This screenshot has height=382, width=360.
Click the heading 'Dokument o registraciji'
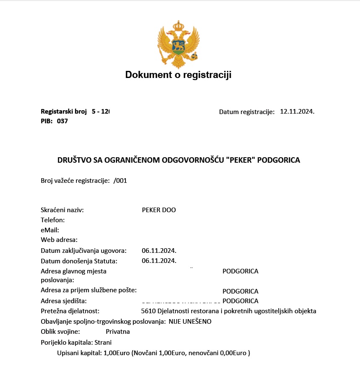click(x=178, y=75)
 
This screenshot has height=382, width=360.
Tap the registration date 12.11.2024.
click(x=297, y=112)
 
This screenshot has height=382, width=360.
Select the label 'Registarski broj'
click(x=63, y=112)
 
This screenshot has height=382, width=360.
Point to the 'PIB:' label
click(x=47, y=121)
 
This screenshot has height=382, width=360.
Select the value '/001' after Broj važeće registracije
click(x=120, y=181)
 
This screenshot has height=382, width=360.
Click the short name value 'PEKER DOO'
click(x=159, y=210)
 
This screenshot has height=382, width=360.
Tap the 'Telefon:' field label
click(x=52, y=220)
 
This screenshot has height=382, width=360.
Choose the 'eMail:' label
click(x=50, y=230)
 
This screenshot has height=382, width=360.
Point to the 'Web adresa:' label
click(x=59, y=240)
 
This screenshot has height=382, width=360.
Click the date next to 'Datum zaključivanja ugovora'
click(x=159, y=251)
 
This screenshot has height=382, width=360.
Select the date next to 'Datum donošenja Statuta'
click(x=159, y=261)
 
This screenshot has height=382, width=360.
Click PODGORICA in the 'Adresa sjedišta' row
click(x=240, y=301)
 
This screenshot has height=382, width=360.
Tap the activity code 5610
click(x=149, y=311)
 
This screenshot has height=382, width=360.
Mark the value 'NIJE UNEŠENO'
click(x=190, y=322)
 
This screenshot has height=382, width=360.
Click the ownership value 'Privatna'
click(x=117, y=332)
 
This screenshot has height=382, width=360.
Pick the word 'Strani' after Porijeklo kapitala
click(x=103, y=343)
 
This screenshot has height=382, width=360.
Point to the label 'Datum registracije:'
click(x=247, y=112)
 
